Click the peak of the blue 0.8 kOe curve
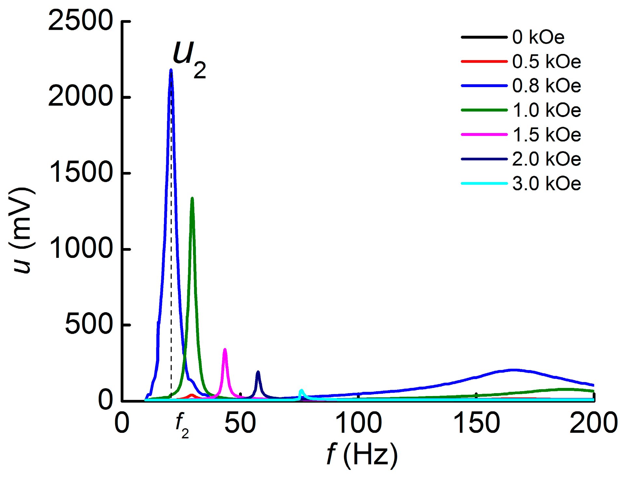tap(171, 70)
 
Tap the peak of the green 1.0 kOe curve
tap(192, 198)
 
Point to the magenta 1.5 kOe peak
tap(225, 350)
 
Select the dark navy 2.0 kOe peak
tap(258, 372)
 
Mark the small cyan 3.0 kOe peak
tap(301, 390)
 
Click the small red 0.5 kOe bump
tap(191, 395)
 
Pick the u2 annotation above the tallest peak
tap(189, 59)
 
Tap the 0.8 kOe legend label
tap(546, 86)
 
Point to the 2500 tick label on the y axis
tap(80, 21)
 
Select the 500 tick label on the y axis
tap(89, 325)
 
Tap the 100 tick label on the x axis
tap(358, 423)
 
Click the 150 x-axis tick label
tap(476, 423)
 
